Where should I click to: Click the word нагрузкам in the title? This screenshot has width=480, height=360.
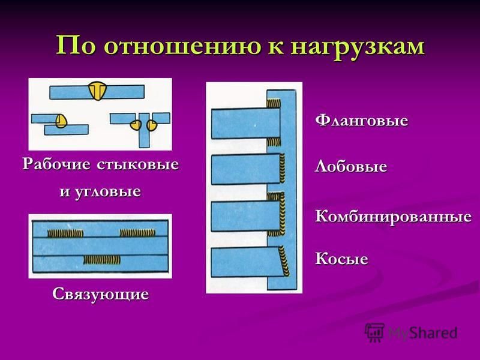point(358,47)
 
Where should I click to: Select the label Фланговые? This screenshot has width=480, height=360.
point(362,120)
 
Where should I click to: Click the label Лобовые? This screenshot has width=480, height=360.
point(351,166)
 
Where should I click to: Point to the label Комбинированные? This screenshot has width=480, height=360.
point(394,216)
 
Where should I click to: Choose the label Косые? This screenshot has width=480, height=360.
point(341,259)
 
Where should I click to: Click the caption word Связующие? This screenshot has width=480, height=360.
point(100,295)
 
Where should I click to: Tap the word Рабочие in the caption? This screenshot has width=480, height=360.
point(56,164)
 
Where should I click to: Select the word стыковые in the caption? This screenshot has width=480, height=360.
point(138,164)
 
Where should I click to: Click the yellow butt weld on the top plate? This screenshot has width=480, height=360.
point(97,91)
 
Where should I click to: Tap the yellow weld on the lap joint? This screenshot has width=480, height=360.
point(62,121)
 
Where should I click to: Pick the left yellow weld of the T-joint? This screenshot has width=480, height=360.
point(136,125)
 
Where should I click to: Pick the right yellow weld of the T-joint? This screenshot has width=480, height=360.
point(151,125)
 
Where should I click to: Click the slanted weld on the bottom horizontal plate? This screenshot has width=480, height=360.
point(284,260)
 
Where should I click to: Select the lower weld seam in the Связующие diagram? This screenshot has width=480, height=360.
point(102,260)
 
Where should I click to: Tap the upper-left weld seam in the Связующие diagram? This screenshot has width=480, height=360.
point(65,233)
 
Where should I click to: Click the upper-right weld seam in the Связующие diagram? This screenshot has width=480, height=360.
point(137,233)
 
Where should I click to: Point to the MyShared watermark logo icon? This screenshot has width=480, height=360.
point(374,332)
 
